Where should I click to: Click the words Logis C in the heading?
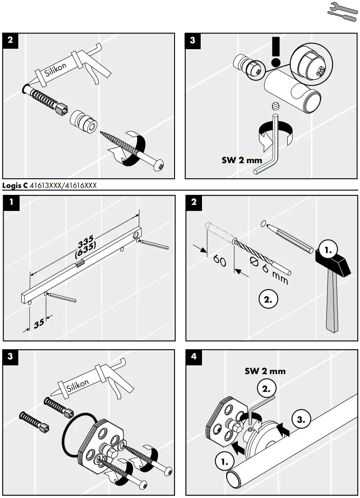pyautogui.click(x=15, y=186)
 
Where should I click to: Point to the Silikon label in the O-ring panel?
pyautogui.click(x=78, y=385)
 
